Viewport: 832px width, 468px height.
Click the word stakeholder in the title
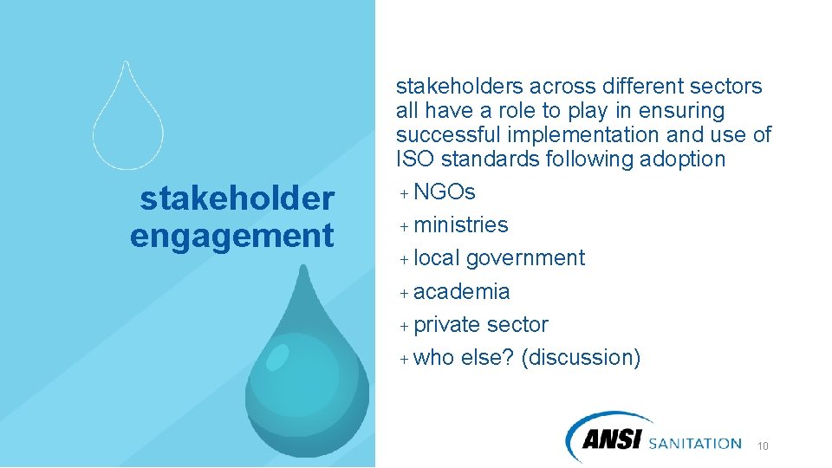(237, 199)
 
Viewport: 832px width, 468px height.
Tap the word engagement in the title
(231, 236)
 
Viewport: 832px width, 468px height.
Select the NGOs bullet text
(445, 192)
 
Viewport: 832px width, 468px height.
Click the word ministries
(461, 225)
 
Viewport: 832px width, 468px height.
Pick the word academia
(462, 291)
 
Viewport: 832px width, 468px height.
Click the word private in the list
(446, 325)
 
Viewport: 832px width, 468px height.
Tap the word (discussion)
(581, 358)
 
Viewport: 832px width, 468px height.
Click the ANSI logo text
(612, 441)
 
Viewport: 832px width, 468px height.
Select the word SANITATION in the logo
(695, 444)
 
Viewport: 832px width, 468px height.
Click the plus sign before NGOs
(404, 192)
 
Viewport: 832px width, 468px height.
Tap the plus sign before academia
(404, 292)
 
